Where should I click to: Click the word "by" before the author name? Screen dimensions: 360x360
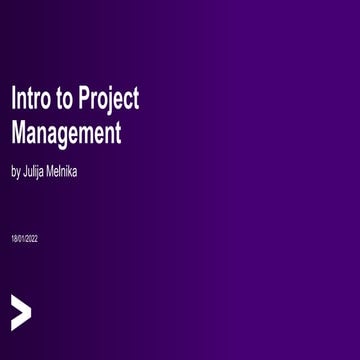(15, 172)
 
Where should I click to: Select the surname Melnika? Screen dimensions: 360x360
(64, 171)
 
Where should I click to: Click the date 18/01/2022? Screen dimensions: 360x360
(24, 239)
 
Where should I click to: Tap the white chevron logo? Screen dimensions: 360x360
(20, 312)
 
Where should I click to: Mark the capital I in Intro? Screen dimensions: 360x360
(13, 99)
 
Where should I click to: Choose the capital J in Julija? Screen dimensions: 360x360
(25, 171)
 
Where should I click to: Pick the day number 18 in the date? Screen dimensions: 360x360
(14, 239)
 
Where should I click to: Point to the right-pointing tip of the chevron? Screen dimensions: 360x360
(30, 312)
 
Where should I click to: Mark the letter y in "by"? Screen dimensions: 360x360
(18, 173)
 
